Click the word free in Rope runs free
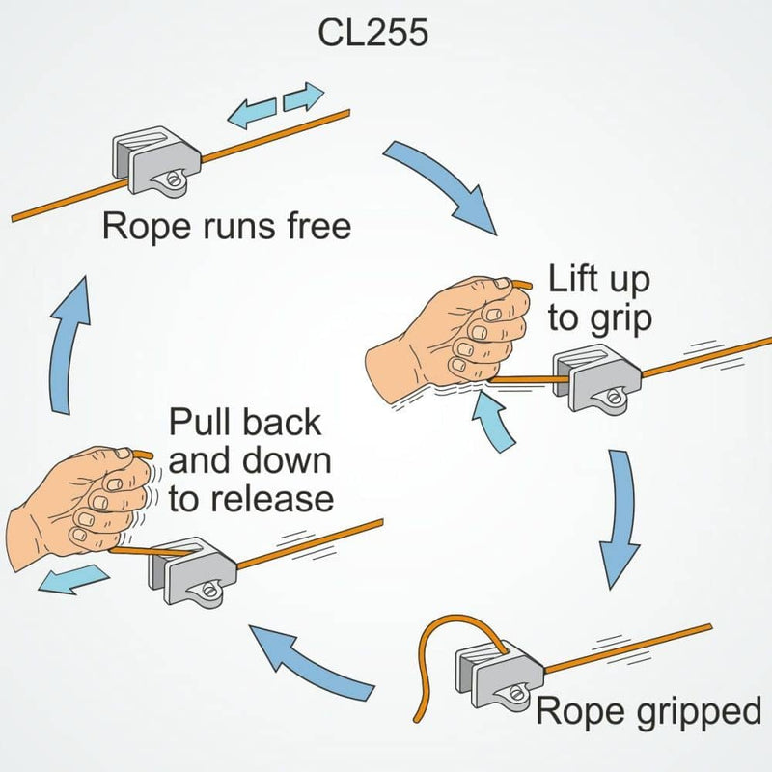pos(309,228)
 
